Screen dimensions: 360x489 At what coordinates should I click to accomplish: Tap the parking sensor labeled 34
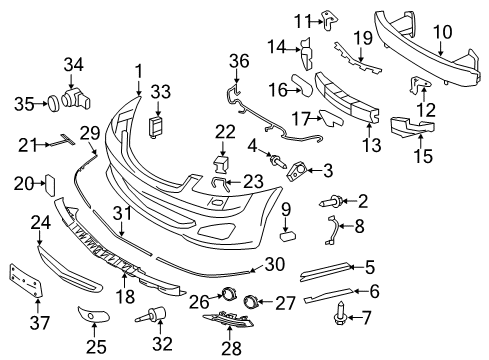click(x=76, y=98)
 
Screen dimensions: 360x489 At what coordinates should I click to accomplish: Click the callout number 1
click(x=139, y=71)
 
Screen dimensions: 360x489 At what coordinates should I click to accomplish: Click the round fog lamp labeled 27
click(x=251, y=299)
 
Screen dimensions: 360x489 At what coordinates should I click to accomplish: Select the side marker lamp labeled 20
click(x=46, y=184)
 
